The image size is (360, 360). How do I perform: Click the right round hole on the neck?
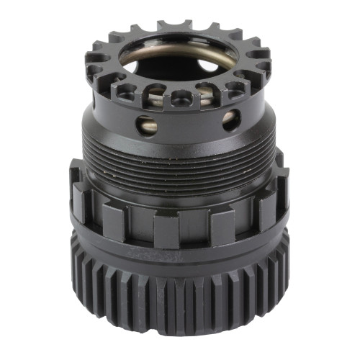230,120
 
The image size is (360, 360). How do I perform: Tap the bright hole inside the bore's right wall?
217,69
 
